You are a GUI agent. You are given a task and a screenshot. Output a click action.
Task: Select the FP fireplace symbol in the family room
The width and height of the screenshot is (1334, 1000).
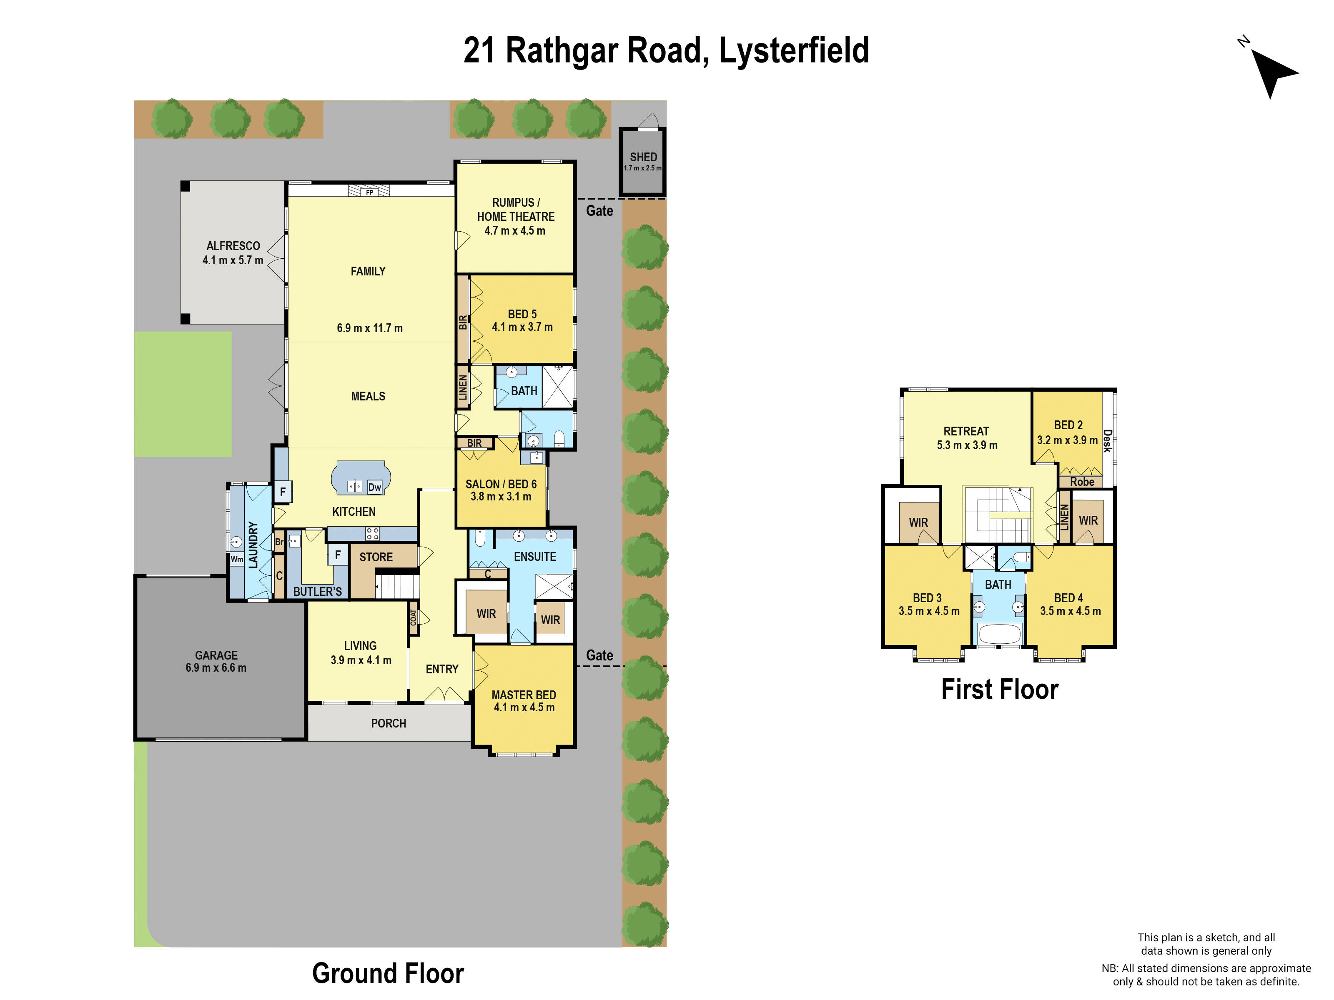(369, 192)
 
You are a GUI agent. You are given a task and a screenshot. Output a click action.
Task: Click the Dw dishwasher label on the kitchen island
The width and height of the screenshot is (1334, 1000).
(374, 487)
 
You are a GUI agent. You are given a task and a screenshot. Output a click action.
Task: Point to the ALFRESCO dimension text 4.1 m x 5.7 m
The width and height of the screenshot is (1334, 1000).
(233, 260)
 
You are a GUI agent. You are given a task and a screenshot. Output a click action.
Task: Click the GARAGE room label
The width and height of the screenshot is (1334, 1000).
(216, 655)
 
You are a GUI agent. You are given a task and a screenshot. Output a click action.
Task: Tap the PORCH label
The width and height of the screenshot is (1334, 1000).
(389, 723)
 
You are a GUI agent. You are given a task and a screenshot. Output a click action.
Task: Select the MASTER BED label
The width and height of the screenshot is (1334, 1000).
(524, 695)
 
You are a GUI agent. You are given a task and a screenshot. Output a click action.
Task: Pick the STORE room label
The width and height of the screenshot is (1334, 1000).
(376, 557)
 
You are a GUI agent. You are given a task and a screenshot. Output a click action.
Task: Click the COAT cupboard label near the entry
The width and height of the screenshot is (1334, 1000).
(414, 618)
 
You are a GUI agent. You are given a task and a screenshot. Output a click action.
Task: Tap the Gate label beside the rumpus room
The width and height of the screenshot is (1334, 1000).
(599, 211)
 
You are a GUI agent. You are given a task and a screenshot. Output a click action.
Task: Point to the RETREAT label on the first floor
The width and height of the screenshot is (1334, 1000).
(966, 431)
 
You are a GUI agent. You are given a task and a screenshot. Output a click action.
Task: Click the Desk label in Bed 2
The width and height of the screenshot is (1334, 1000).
(1107, 441)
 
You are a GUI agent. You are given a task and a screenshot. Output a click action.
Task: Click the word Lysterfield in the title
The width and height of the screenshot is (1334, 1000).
(794, 50)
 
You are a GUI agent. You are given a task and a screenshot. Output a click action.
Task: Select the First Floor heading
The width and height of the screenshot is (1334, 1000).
(999, 690)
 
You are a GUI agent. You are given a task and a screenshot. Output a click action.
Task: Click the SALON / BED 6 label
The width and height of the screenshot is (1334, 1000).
(501, 484)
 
